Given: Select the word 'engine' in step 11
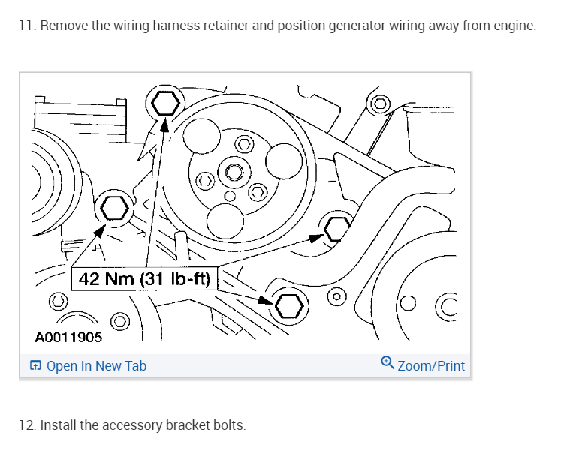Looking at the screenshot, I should pyautogui.click(x=514, y=26).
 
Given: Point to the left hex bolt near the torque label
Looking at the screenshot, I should pyautogui.click(x=114, y=207).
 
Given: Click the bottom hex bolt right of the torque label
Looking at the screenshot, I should pyautogui.click(x=289, y=305).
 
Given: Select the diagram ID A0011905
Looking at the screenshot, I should pyautogui.click(x=68, y=337).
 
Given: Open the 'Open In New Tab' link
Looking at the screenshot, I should pyautogui.click(x=96, y=366).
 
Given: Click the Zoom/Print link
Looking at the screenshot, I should pyautogui.click(x=431, y=366).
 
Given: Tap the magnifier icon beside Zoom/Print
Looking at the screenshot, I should pyautogui.click(x=388, y=363).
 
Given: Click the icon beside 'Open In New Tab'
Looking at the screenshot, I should pyautogui.click(x=35, y=366).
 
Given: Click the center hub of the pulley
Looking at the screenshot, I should pyautogui.click(x=234, y=173).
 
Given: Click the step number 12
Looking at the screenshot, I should pyautogui.click(x=26, y=425).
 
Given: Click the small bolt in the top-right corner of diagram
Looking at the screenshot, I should pyautogui.click(x=380, y=103).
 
